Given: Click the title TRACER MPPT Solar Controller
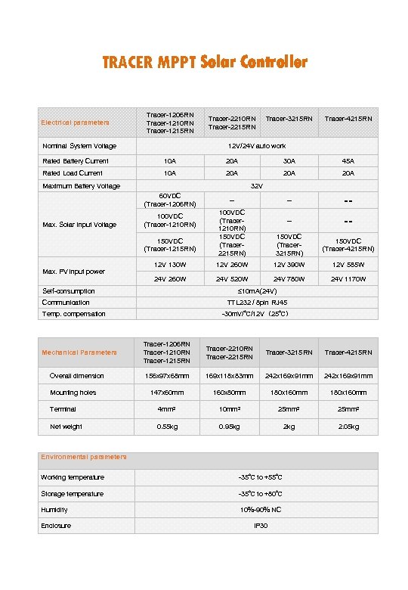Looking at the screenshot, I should click(205, 62).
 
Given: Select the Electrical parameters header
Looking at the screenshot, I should click(75, 123).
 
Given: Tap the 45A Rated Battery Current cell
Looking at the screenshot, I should click(348, 161).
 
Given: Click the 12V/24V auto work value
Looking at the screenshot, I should click(257, 146).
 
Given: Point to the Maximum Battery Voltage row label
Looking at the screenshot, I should click(81, 186).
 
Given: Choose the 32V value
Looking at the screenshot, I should click(257, 186).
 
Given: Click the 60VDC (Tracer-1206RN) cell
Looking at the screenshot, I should click(170, 200).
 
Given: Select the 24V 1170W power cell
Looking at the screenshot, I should click(348, 279).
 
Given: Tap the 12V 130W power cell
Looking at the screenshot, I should click(170, 265).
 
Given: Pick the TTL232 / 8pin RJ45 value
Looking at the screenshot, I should click(257, 303).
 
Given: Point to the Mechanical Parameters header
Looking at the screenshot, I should click(79, 352).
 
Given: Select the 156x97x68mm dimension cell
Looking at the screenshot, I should click(167, 376).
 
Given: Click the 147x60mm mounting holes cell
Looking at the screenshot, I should click(167, 393).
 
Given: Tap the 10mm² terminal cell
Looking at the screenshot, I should click(228, 410).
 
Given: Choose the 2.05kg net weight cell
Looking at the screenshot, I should click(348, 427).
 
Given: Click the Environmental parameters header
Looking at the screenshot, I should click(84, 457).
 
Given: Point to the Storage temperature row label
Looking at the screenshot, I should click(73, 494).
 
